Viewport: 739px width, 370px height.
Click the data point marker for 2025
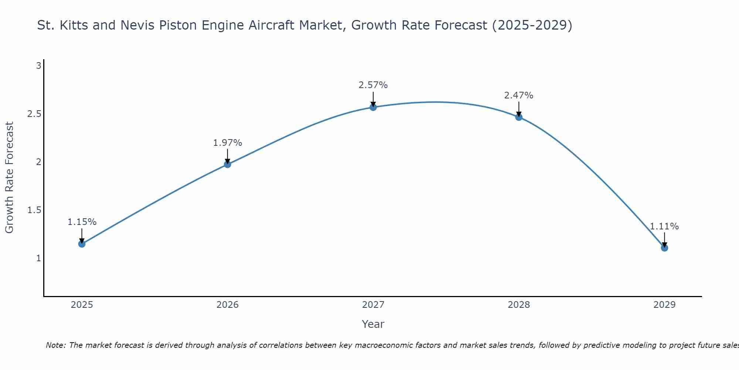tap(82, 244)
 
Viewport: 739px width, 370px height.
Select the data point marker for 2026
tap(228, 164)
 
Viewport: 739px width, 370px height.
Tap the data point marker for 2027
tap(373, 107)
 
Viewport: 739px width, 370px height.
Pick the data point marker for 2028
tap(519, 117)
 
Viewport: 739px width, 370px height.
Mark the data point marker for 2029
tap(664, 248)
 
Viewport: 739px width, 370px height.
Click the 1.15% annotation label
tap(82, 222)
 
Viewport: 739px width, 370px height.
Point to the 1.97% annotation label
tap(228, 143)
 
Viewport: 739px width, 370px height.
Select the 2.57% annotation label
tap(373, 85)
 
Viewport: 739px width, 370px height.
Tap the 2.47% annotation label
tap(519, 95)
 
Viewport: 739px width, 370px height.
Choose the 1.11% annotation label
tap(664, 226)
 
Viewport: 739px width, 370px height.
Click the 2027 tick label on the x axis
tap(373, 305)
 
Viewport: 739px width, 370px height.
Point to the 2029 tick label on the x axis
tap(664, 305)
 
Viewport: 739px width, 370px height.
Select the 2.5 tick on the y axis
tap(34, 114)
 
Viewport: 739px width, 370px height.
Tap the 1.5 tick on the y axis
tap(34, 210)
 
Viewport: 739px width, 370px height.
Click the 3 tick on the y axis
tap(38, 66)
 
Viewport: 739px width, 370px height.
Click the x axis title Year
tap(373, 324)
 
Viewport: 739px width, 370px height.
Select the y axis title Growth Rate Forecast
tap(10, 178)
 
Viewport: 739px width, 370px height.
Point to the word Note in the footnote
tap(56, 345)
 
